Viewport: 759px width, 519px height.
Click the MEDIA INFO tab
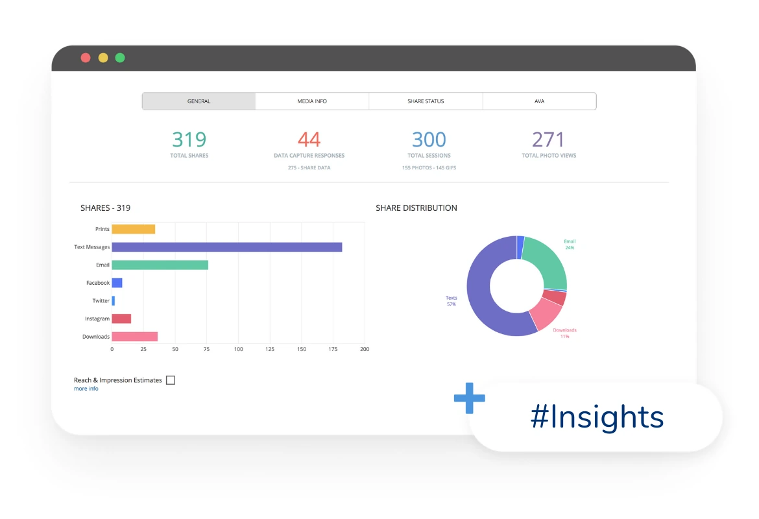[x=312, y=101]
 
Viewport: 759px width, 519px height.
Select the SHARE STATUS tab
[x=426, y=101]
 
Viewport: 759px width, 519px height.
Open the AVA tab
[x=539, y=101]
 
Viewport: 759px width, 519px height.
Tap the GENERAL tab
[x=199, y=101]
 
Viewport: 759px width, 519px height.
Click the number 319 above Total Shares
[x=189, y=139]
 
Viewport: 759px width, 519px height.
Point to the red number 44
[x=309, y=139]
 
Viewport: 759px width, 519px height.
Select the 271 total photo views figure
[x=548, y=139]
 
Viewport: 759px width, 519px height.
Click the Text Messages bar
[x=227, y=247]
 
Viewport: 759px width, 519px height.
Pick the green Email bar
[x=160, y=265]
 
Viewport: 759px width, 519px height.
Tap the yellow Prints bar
[x=133, y=229]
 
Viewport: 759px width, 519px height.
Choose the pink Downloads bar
[x=134, y=337]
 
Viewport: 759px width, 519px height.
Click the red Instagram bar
[x=121, y=319]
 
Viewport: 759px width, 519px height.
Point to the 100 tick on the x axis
[x=239, y=349]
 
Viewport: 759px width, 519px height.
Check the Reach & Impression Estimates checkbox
[x=171, y=380]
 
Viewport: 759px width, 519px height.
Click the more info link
[x=86, y=389]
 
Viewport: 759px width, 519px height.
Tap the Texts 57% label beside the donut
[x=451, y=300]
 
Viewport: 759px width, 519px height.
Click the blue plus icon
[x=470, y=398]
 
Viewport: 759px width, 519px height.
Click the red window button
[x=86, y=58]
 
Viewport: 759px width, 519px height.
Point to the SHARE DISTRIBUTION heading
[x=416, y=208]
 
